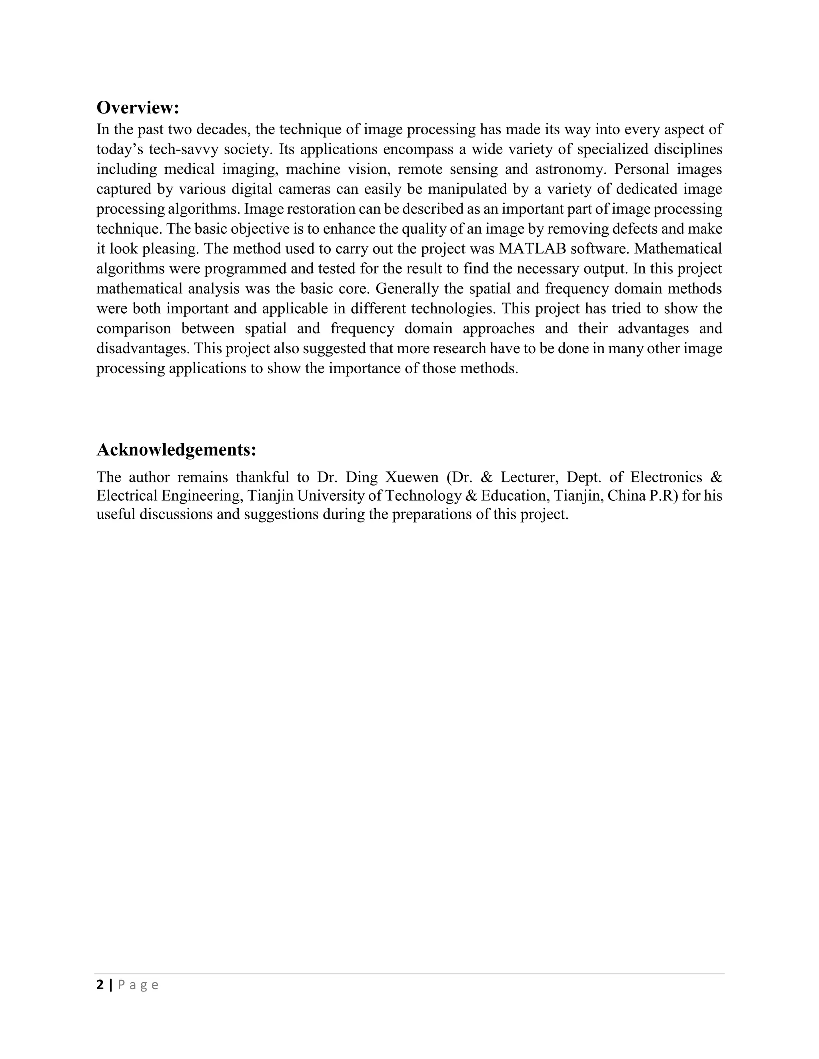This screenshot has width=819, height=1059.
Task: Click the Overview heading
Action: pyautogui.click(x=138, y=107)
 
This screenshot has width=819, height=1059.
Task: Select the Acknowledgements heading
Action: pyautogui.click(x=176, y=450)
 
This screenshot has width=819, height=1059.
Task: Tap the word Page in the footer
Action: pyautogui.click(x=138, y=985)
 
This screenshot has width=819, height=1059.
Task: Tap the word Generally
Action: pyautogui.click(x=408, y=289)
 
